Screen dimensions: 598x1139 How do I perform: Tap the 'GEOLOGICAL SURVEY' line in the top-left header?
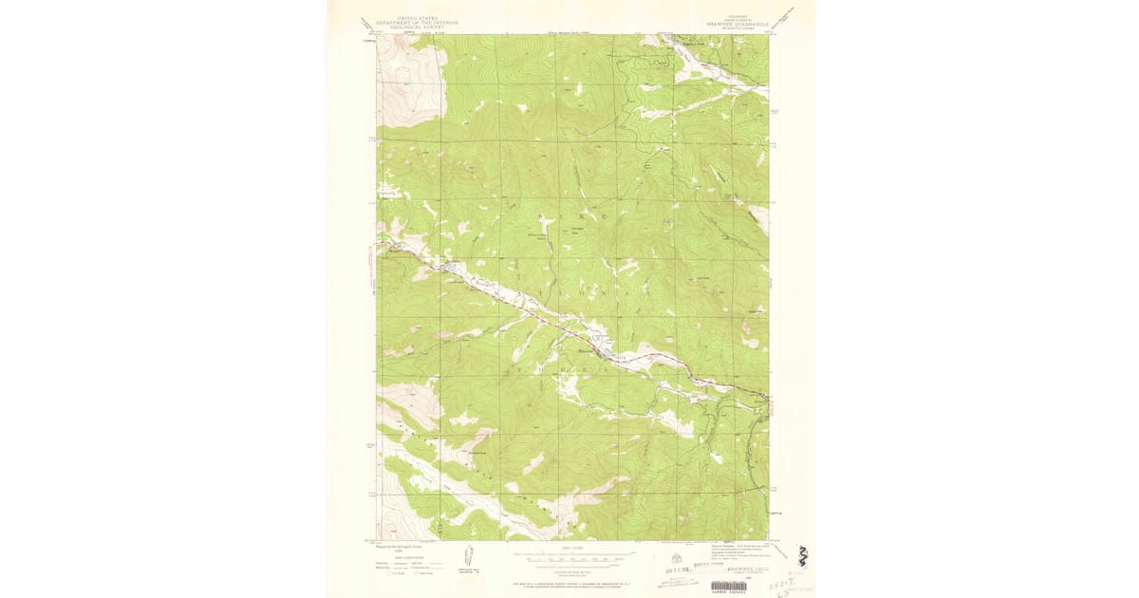(411, 28)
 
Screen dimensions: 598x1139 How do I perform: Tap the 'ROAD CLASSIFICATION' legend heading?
(406, 556)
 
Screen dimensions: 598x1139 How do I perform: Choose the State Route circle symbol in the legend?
(415, 572)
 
